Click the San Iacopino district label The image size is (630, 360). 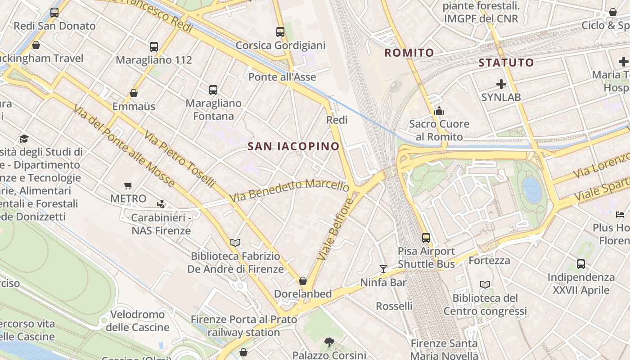[293, 146]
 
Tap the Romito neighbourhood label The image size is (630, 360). [409, 53]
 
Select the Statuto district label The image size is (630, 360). [506, 63]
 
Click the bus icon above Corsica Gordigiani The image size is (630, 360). [280, 32]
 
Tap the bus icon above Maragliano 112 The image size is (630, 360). [154, 46]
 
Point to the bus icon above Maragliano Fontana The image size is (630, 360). [213, 90]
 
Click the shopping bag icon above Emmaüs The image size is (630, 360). [134, 93]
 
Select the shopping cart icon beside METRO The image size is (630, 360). [128, 185]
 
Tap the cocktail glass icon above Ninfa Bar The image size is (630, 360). [383, 269]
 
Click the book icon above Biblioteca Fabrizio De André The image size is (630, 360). [235, 243]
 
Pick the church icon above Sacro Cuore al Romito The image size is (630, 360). [439, 111]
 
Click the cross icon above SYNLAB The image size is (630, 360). [501, 84]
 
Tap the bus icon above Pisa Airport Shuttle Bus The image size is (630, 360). [426, 238]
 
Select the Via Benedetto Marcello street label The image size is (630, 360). [289, 190]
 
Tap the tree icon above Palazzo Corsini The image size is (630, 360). [329, 342]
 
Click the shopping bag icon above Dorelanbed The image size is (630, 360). [303, 281]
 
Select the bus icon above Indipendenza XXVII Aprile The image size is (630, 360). [581, 264]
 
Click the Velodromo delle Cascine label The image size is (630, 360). [138, 321]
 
